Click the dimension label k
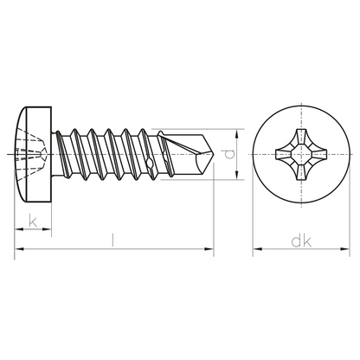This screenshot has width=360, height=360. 33,221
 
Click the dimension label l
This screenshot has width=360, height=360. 112,241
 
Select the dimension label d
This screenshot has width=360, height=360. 229,154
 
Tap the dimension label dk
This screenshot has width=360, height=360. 301,241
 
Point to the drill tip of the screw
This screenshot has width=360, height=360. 215,154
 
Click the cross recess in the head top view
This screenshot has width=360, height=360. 301,154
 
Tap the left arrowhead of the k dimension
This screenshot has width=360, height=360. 19,229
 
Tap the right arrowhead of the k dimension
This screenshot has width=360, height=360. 47,229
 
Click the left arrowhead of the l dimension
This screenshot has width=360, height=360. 19,248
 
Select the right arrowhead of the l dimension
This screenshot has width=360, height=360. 209,248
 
